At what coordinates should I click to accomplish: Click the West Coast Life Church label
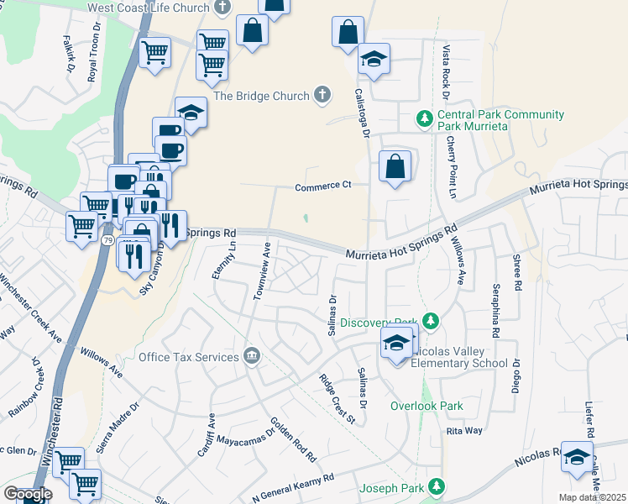point(148,7)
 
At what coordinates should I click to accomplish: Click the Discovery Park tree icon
point(431,321)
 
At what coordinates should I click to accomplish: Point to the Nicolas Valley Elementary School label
point(458,363)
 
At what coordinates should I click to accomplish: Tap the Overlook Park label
point(427,406)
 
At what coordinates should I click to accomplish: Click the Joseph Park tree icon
point(437,486)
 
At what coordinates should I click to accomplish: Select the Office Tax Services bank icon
point(251,356)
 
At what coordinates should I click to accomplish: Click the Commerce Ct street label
point(322,186)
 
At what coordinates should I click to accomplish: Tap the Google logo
point(28,493)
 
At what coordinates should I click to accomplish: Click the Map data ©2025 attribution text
point(593,497)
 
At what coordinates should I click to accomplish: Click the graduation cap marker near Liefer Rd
point(577,456)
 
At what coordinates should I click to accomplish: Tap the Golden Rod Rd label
point(292,440)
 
